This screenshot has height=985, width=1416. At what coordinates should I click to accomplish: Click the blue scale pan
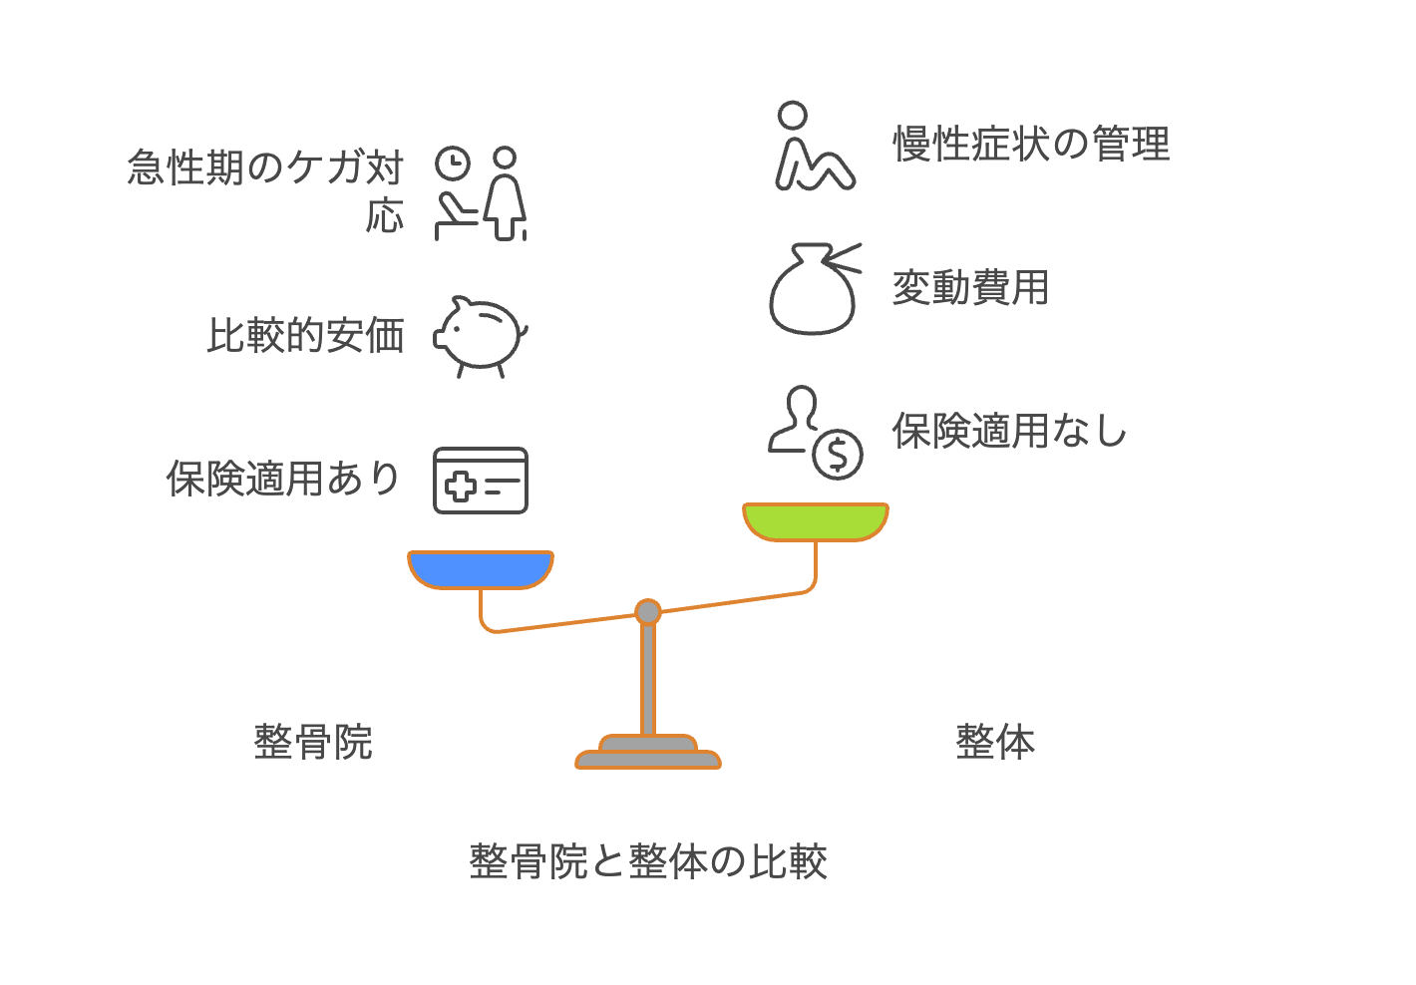(x=481, y=570)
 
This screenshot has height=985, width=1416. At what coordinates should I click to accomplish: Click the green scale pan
(x=816, y=521)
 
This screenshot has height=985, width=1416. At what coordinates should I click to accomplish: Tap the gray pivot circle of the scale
(x=648, y=611)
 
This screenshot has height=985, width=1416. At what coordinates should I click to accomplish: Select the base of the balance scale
(x=648, y=752)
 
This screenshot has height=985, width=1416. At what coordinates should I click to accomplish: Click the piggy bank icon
(x=481, y=336)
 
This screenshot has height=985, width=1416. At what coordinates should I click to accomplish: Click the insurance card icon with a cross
(x=481, y=481)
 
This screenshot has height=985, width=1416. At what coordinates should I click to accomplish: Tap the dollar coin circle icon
(x=838, y=455)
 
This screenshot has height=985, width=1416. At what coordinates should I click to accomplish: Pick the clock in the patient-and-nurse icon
(x=453, y=164)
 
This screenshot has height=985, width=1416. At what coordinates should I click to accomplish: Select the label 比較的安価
(x=306, y=335)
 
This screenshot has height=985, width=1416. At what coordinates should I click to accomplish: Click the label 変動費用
(x=970, y=287)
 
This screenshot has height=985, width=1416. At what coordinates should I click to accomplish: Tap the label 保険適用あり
(x=283, y=479)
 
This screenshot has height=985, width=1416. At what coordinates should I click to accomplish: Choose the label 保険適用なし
(x=1009, y=431)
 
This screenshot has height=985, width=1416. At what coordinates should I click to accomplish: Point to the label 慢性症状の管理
(x=1032, y=144)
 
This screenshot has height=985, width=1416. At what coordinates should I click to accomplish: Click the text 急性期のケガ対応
(x=265, y=190)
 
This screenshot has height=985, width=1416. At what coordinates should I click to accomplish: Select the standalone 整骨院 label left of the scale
(x=313, y=742)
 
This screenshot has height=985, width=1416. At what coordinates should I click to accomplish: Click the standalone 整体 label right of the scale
(x=995, y=742)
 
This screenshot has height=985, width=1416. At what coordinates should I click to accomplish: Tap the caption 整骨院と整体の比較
(x=648, y=861)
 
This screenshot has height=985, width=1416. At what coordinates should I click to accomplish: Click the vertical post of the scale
(x=648, y=680)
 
